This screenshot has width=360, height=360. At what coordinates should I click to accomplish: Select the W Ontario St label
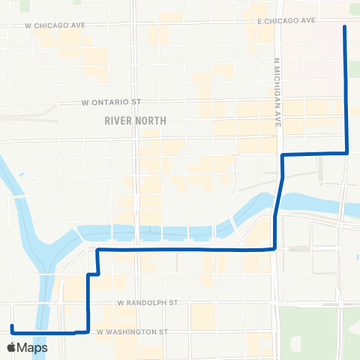pyautogui.click(x=111, y=102)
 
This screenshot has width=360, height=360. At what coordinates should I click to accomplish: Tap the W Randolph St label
pyautogui.click(x=147, y=303)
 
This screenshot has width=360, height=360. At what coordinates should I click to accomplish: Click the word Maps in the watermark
pyautogui.click(x=33, y=347)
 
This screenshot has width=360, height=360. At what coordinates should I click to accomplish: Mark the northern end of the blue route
pyautogui.click(x=345, y=27)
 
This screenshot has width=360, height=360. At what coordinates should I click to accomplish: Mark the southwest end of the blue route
pyautogui.click(x=11, y=326)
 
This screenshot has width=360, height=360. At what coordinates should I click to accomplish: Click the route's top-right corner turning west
pyautogui.click(x=346, y=153)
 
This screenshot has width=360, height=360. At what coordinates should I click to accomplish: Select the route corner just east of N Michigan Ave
pyautogui.click(x=283, y=154)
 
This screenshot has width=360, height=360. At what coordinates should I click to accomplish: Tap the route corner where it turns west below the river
pyautogui.click(x=274, y=247)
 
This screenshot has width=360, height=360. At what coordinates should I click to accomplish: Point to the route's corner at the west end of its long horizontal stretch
pyautogui.click(x=98, y=248)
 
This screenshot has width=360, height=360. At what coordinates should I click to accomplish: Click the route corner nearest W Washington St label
pyautogui.click(x=88, y=330)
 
